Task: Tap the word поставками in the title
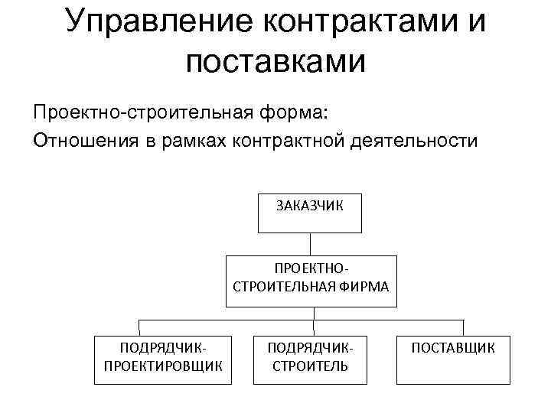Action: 275,60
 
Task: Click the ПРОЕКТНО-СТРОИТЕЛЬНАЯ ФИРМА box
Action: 310,280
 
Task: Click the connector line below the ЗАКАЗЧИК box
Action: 310,243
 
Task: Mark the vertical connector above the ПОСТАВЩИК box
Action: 463,327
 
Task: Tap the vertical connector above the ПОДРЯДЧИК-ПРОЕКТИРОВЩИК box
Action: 139,327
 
